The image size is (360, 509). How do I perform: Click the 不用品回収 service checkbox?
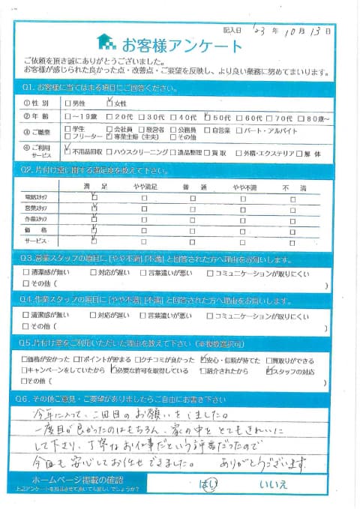[69, 151]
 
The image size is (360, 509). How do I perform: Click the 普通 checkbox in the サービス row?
[193, 243]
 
